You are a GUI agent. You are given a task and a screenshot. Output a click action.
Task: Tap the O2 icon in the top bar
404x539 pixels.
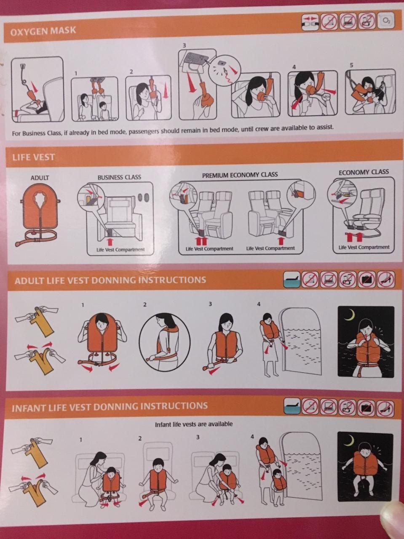click(387, 21)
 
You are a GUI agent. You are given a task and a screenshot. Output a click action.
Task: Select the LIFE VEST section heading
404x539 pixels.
click(33, 157)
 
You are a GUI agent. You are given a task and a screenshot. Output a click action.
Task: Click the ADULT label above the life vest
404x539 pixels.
click(40, 178)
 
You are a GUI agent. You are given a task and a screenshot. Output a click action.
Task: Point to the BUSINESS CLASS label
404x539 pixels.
click(119, 177)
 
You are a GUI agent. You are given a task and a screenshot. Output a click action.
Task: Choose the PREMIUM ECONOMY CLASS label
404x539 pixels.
click(240, 175)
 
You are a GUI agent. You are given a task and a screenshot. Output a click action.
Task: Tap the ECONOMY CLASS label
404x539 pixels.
click(364, 172)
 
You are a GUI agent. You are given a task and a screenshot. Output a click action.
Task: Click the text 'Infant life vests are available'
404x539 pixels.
click(194, 424)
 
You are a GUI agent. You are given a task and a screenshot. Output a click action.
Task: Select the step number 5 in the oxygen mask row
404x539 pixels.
click(351, 65)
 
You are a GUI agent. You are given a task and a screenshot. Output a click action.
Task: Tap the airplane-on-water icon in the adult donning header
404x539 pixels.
click(291, 280)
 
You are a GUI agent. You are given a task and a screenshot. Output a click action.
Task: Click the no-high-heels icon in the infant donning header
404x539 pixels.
click(385, 408)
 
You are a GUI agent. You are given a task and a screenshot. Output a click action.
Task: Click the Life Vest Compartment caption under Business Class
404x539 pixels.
click(120, 250)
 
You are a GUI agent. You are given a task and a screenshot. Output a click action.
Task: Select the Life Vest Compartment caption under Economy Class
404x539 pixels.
click(364, 247)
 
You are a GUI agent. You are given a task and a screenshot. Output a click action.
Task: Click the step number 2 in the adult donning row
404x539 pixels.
click(145, 305)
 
